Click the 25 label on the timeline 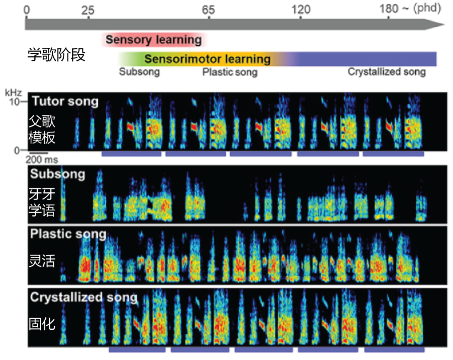coord(88,10)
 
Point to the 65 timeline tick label coord(208,10)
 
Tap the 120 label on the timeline coord(301,10)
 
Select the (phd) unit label coord(427,8)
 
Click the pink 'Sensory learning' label coord(154,39)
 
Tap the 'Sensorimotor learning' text coord(208,59)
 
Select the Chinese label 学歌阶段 coord(56,54)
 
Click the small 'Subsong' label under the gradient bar coord(139,72)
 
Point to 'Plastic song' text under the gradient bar coord(230,72)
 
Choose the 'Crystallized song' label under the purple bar coord(387,72)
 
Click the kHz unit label coord(13,93)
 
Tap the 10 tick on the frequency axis coord(14,101)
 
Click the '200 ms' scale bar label coord(42,160)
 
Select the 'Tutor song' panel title coord(65,101)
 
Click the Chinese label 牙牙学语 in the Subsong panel coord(42,202)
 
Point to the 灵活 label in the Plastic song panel coord(42,261)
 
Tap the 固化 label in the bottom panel coord(42,324)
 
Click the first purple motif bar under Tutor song coord(131,154)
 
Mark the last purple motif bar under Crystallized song coord(394,350)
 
